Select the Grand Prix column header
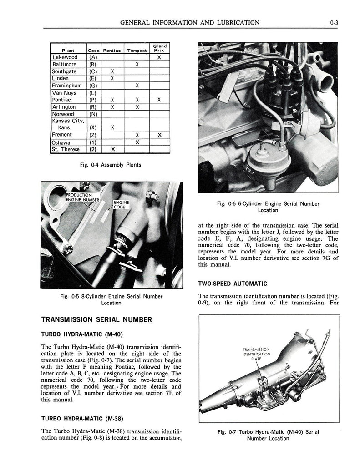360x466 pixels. click(x=159, y=48)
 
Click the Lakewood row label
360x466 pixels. click(x=65, y=57)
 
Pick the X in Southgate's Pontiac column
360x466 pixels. click(x=112, y=71)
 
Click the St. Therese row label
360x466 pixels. click(x=66, y=149)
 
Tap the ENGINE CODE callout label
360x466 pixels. click(x=121, y=204)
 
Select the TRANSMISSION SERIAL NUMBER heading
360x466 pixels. click(x=96, y=319)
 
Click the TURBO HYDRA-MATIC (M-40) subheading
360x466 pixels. click(x=82, y=334)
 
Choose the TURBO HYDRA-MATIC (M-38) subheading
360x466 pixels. click(x=82, y=418)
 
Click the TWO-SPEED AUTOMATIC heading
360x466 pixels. click(x=232, y=283)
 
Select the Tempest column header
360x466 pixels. click(x=137, y=50)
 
